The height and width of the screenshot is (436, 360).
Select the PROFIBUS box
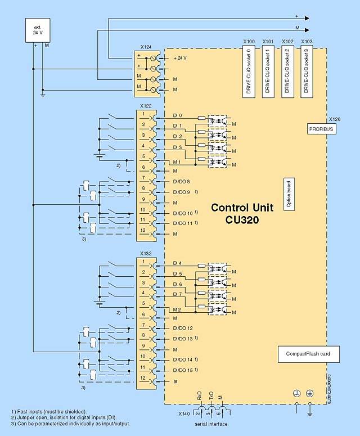click(321, 129)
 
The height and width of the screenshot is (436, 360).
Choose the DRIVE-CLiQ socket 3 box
click(307, 73)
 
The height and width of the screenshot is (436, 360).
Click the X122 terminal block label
click(145, 106)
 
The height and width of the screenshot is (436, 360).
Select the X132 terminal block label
click(145, 253)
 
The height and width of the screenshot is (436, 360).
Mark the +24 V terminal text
click(180, 58)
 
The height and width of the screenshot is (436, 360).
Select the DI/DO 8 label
click(182, 181)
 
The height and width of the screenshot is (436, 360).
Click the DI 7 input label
click(177, 294)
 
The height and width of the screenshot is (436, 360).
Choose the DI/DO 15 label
click(183, 370)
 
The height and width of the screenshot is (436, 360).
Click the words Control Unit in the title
click(238, 208)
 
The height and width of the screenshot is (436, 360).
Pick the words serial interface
click(210, 423)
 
